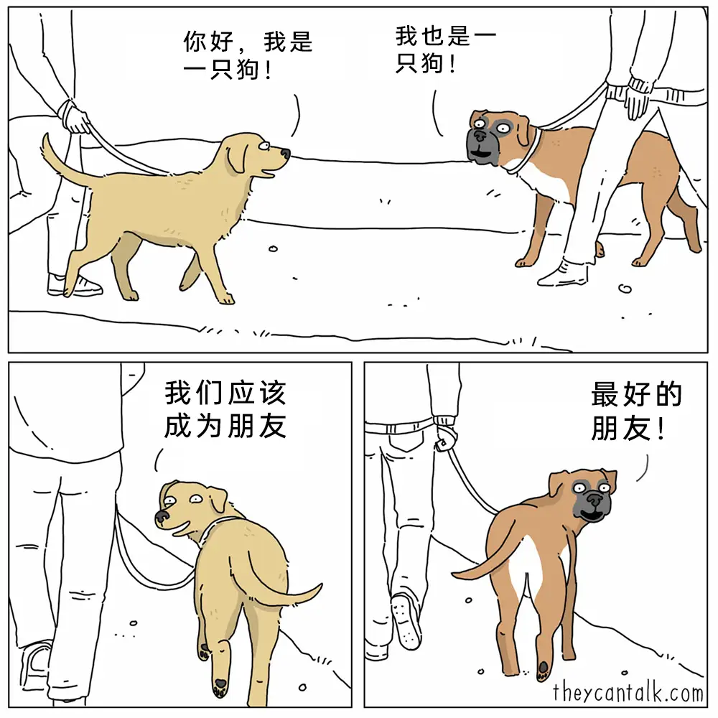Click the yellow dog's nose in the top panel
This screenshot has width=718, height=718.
click(285, 154)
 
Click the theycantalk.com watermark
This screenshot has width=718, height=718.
click(628, 692)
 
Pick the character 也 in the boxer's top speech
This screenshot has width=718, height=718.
click(432, 36)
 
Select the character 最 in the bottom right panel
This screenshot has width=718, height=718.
click(605, 394)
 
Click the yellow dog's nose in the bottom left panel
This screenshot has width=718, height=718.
click(162, 516)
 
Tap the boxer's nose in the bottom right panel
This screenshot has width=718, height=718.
click(595, 498)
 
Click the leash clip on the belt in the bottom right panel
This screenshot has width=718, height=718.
click(443, 443)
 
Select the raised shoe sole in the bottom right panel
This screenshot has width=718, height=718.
click(406, 621)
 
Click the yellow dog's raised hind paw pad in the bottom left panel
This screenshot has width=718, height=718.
click(220, 684)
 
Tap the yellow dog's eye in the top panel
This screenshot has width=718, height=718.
click(264, 146)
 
